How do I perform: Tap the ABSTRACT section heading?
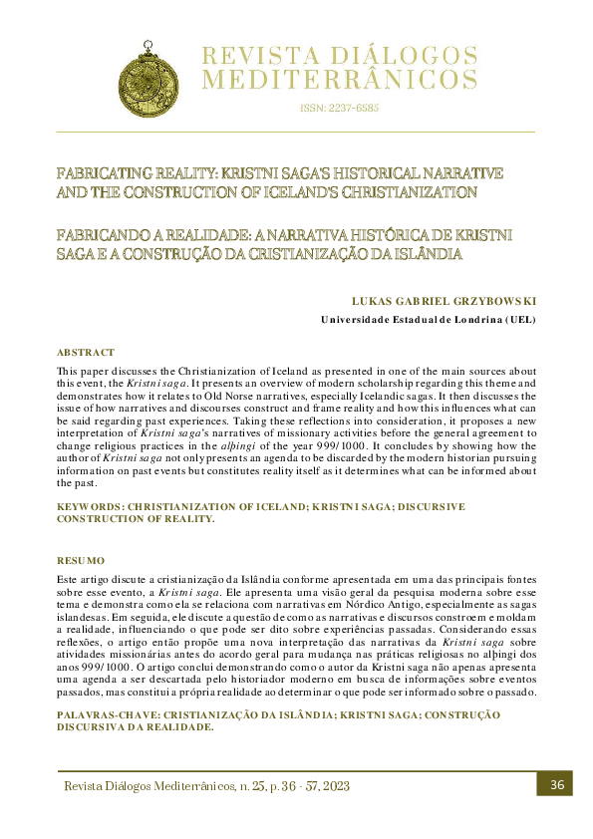[86, 353]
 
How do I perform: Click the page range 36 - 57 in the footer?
[286, 786]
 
